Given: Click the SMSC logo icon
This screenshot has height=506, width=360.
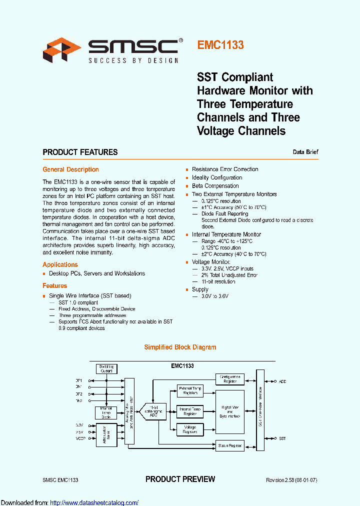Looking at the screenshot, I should pyautogui.click(x=61, y=50).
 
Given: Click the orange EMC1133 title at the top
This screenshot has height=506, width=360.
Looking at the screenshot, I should pyautogui.click(x=220, y=45).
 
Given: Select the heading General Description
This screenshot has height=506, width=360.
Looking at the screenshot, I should pyautogui.click(x=70, y=169).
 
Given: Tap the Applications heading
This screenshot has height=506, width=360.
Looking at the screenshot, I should pyautogui.click(x=60, y=264).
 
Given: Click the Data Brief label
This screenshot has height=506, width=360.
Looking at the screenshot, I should pyautogui.click(x=305, y=152).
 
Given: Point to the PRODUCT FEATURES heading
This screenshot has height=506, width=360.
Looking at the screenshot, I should pyautogui.click(x=80, y=152).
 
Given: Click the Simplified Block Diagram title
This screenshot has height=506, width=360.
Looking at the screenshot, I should pyautogui.click(x=180, y=347).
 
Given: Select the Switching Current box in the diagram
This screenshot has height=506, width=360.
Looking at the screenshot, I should pyautogui.click(x=106, y=369).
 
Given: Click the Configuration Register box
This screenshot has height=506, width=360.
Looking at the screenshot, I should pyautogui.click(x=230, y=379).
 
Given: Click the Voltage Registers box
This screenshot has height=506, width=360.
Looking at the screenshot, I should pyautogui.click(x=189, y=429).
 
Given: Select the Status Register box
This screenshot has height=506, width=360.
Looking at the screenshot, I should pyautogui.click(x=230, y=445).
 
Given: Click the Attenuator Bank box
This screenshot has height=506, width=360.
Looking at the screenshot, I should pyautogui.click(x=105, y=433).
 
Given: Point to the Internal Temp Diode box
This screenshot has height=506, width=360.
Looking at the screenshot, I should pyautogui.click(x=106, y=413).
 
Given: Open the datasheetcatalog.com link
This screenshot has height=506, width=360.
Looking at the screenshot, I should pyautogui.click(x=94, y=502).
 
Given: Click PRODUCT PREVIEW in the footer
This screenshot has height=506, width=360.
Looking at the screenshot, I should pyautogui.click(x=180, y=479).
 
